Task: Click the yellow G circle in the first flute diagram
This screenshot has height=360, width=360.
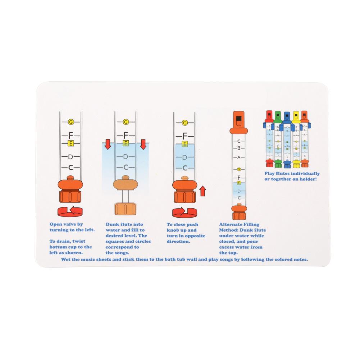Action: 71,122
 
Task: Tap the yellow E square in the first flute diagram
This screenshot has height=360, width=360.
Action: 71,144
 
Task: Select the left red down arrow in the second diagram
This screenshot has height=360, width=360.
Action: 107,145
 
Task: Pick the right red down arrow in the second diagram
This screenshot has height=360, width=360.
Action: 143,145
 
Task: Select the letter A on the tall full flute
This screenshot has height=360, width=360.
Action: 238,158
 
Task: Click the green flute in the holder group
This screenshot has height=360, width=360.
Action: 278,138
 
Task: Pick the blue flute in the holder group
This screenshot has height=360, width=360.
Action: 287,138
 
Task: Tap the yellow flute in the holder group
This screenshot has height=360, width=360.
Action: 296,138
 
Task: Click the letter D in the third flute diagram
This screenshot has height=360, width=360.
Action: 184,157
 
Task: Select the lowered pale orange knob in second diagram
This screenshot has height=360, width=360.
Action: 126,183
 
